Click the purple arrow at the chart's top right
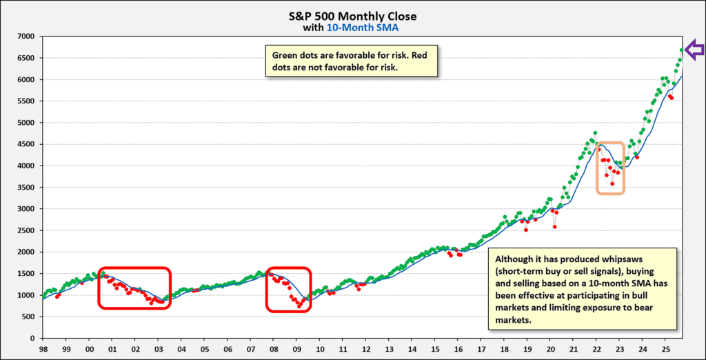pyautogui.click(x=696, y=49)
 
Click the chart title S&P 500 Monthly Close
pyautogui.click(x=352, y=16)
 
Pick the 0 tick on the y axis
pyautogui.click(x=32, y=339)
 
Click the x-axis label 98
pyautogui.click(x=43, y=350)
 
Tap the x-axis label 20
pyautogui.click(x=551, y=350)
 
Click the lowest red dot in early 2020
pyautogui.click(x=555, y=226)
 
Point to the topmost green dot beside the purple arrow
pyautogui.click(x=682, y=50)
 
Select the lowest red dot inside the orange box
pyautogui.click(x=612, y=183)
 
